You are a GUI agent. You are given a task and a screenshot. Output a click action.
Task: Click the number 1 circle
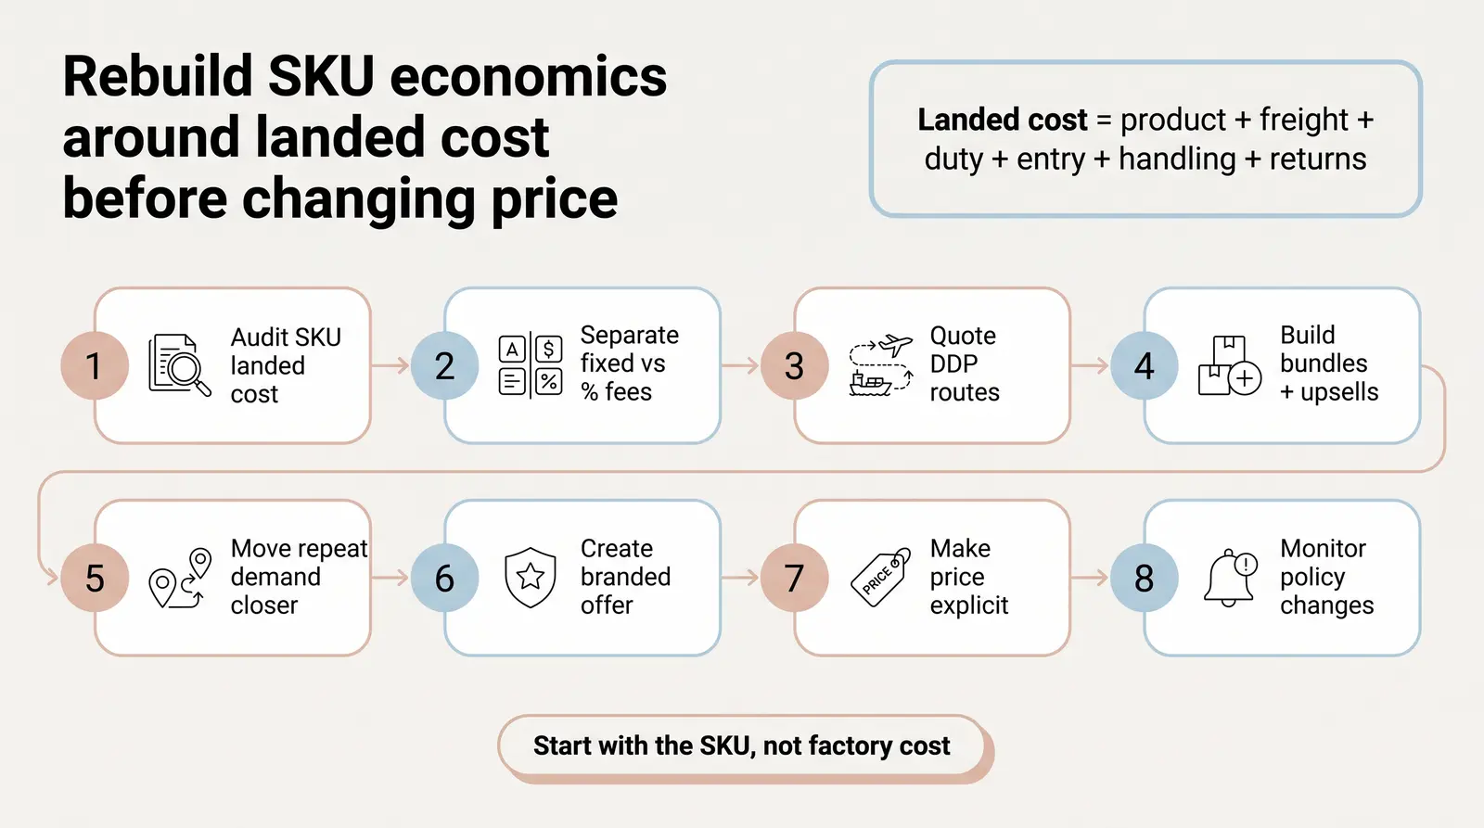(95, 365)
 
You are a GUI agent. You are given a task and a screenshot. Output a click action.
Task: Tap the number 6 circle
(444, 578)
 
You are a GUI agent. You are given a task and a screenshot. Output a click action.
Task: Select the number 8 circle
(1145, 578)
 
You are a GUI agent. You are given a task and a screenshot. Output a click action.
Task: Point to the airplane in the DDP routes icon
(895, 345)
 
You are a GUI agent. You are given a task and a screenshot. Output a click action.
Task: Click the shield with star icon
(530, 577)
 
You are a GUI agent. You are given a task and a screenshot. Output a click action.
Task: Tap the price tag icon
(880, 577)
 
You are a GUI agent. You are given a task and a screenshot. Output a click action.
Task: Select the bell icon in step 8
(1230, 578)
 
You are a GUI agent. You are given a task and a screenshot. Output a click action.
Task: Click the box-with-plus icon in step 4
(1230, 365)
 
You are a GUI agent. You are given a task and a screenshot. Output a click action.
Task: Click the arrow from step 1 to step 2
(390, 365)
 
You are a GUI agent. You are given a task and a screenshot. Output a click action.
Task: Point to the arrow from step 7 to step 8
(1089, 578)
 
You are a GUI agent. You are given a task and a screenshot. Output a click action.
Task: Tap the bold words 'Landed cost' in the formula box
(1003, 120)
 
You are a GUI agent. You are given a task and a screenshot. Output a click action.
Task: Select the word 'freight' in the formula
(1304, 120)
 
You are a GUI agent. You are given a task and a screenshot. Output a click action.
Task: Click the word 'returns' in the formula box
(1318, 159)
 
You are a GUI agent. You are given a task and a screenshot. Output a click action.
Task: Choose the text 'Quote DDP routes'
(965, 363)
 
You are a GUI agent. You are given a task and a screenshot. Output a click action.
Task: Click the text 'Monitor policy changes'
(1327, 577)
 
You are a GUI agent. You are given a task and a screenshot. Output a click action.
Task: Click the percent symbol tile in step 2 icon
(548, 381)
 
